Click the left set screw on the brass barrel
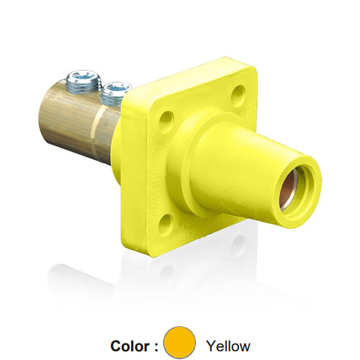[x=84, y=80]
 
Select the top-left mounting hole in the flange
[x=166, y=116]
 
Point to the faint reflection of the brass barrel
[x=79, y=277]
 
